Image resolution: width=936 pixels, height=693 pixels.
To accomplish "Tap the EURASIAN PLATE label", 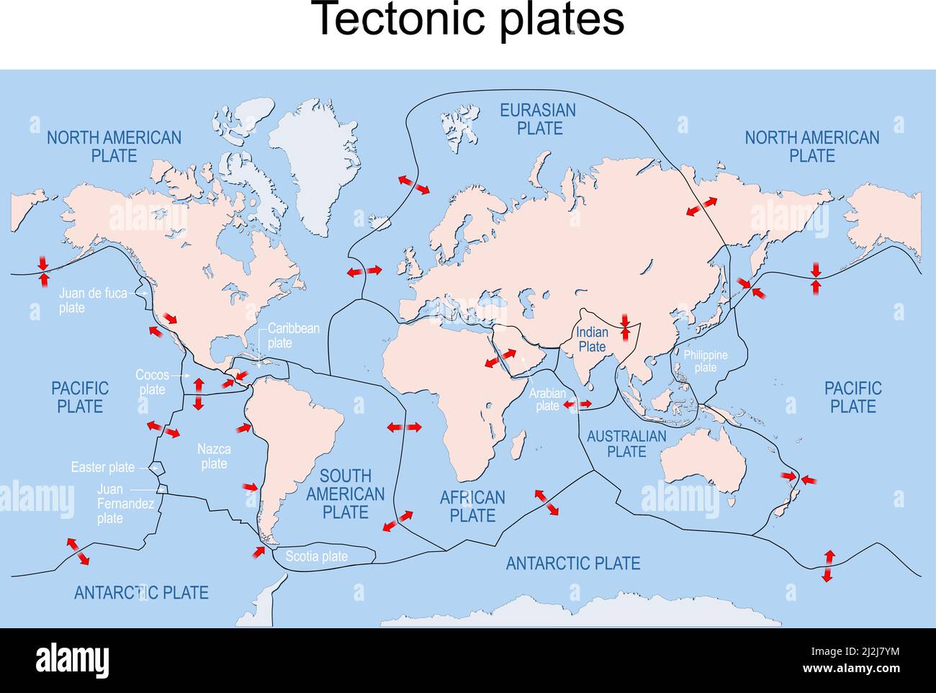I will pos(539,119).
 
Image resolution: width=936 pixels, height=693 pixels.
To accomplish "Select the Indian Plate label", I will pos(593,339).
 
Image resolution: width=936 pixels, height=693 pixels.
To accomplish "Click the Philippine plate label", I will pos(706,361).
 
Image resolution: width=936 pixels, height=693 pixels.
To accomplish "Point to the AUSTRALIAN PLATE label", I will pos(626,443).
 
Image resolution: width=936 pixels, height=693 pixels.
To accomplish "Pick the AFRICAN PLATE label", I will pos(472,506).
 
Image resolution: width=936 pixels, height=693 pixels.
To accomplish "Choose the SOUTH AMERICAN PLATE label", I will pos(346,494).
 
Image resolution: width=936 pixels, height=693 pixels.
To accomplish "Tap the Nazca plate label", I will pos(214,456).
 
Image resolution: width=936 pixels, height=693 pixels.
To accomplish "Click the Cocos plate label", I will pos(152,382).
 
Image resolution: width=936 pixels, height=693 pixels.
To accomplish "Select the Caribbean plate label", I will pos(293,335).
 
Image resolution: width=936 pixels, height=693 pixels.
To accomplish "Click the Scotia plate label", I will pos(317,556).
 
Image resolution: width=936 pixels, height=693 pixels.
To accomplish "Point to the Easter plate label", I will pos(102,467).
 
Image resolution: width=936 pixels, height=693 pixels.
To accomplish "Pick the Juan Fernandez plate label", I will pos(125,503).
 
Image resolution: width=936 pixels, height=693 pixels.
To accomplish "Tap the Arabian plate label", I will pos(547,399).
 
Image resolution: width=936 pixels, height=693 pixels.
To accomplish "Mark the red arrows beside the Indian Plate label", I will pos(625,327).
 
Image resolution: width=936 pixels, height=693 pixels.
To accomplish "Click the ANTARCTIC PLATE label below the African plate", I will pos(573,563).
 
